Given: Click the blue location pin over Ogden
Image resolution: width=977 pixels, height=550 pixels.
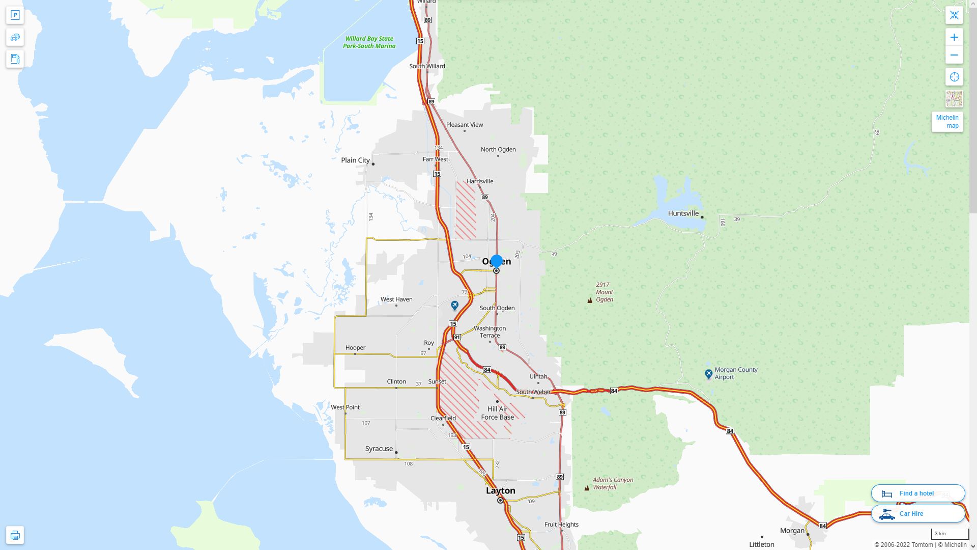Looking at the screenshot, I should tap(496, 261).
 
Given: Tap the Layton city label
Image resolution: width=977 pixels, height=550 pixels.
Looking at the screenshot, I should tap(501, 490).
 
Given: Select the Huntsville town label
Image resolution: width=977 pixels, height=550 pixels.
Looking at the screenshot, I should tap(683, 213).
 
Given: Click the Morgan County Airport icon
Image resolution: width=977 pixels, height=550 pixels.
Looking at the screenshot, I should tap(708, 374).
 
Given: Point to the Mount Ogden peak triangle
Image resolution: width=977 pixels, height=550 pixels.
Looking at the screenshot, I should tap(590, 300).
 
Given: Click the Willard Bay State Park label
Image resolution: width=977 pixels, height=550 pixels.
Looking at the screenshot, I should tap(369, 42).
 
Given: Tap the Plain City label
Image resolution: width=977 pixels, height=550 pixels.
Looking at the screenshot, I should tap(355, 160).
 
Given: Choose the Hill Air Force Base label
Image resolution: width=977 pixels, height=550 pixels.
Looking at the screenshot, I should tap(497, 413).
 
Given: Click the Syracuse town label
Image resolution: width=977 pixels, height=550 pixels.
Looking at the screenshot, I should tap(379, 449).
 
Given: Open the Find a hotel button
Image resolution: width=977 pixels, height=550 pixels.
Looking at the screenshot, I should tap(917, 493).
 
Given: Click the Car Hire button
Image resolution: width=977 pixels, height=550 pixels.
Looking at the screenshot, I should tap(917, 514).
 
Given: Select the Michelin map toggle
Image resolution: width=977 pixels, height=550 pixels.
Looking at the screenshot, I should tap(947, 122).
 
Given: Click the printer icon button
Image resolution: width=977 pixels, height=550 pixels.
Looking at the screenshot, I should tap(15, 535).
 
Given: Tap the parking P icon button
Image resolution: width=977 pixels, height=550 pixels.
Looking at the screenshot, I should tap(15, 15).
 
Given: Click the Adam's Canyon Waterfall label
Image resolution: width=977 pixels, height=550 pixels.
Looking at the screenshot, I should tap(612, 483).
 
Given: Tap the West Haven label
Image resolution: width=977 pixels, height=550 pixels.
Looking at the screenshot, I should tap(396, 299).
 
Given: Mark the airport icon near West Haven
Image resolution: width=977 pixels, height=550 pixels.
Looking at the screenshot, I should tap(454, 306).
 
